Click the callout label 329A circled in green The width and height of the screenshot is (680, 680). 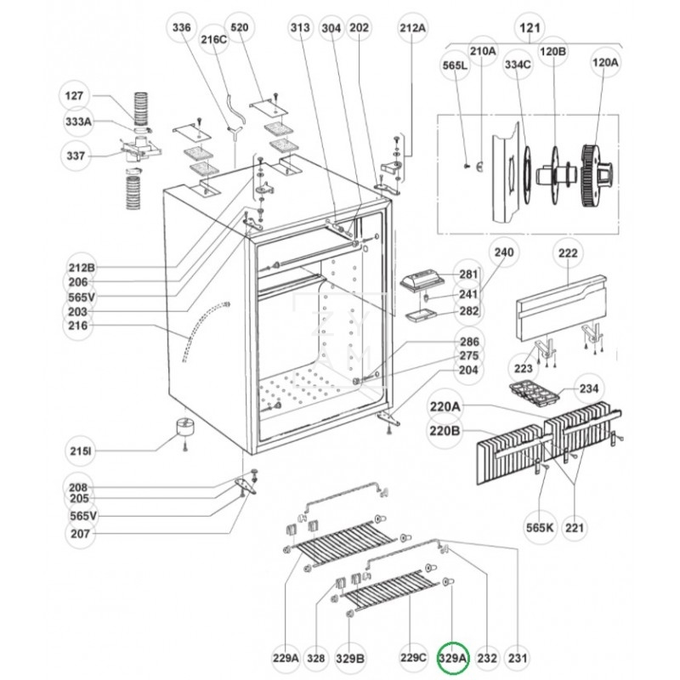coord(453,657)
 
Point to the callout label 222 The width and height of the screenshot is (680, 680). coord(568,252)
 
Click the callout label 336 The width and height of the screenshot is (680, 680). coord(182,27)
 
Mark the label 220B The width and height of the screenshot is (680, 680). coord(445,430)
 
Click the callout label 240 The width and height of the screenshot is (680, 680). coord(505,252)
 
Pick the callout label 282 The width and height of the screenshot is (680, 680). coord(469,311)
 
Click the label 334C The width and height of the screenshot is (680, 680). coord(518,63)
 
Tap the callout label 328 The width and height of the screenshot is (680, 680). coord(316,657)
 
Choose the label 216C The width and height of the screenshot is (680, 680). coord(214,39)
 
